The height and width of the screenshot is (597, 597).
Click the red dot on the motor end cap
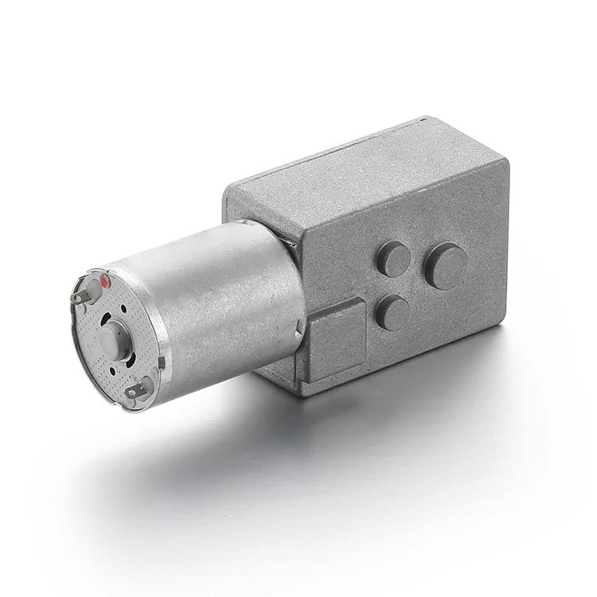104,280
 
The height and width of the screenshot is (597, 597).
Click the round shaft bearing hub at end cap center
111,341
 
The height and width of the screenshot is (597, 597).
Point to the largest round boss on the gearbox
445,266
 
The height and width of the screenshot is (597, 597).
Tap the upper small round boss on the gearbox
393,259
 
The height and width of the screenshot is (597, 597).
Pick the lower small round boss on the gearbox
392,313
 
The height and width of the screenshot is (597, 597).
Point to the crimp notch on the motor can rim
161,362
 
